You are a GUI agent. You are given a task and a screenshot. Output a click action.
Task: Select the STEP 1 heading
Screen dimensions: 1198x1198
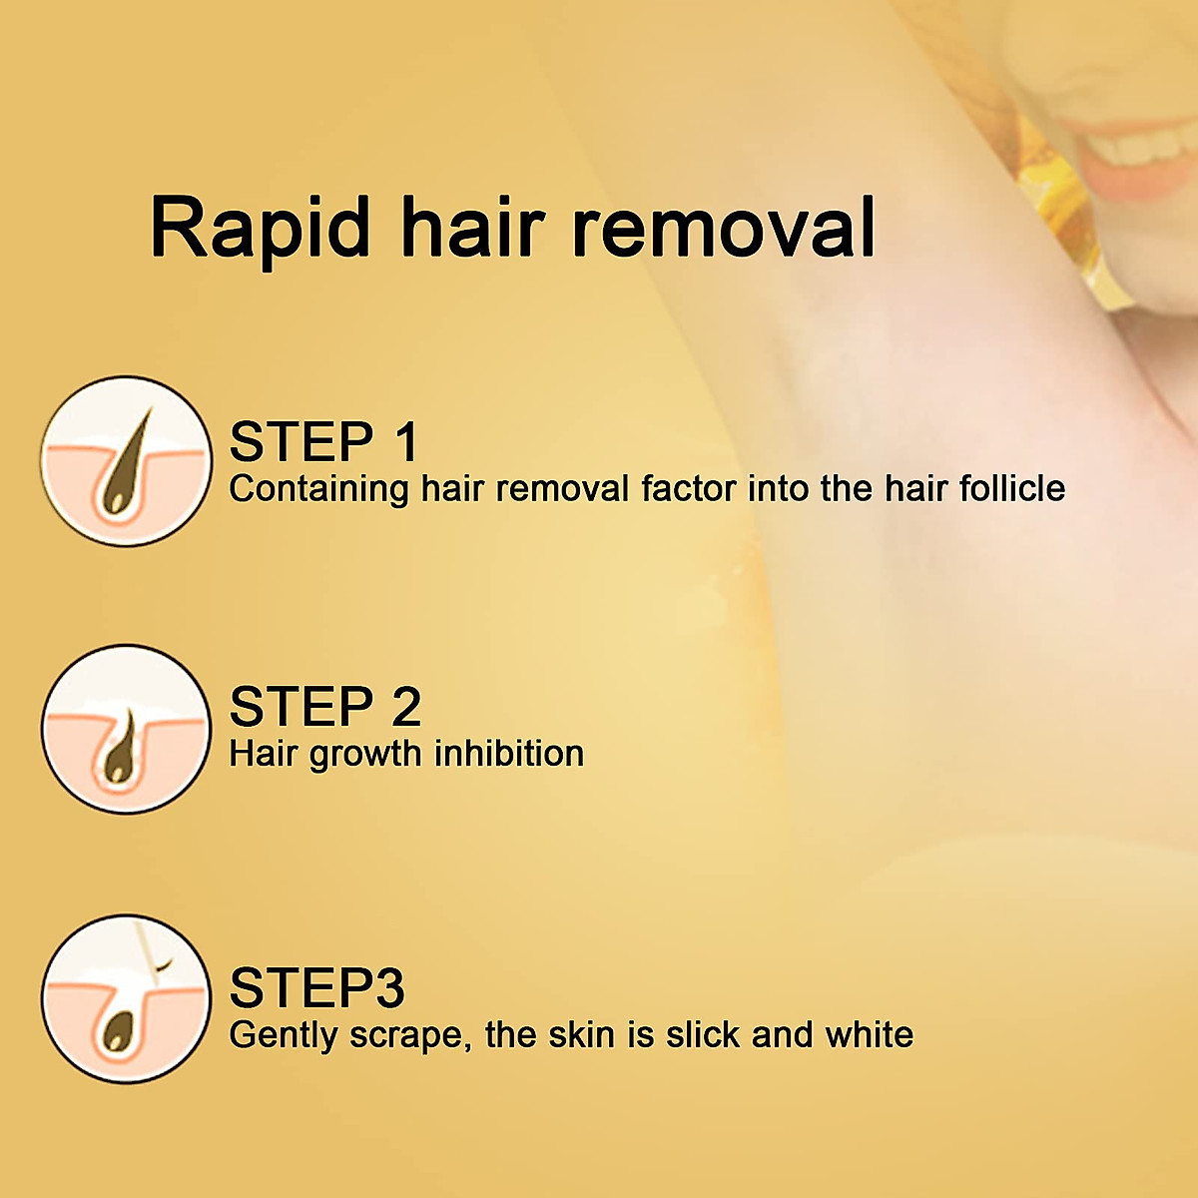pyautogui.click(x=323, y=442)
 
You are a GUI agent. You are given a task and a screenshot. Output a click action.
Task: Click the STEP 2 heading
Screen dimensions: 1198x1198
pyautogui.click(x=325, y=707)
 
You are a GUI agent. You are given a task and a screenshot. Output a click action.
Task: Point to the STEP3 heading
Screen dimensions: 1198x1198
pyautogui.click(x=316, y=987)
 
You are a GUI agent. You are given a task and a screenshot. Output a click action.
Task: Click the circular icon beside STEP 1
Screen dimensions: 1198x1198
pyautogui.click(x=127, y=461)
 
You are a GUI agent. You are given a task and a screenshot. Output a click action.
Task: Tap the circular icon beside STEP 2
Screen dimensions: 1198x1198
pyautogui.click(x=127, y=729)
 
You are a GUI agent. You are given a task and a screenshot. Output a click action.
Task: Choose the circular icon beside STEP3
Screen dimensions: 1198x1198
pyautogui.click(x=127, y=998)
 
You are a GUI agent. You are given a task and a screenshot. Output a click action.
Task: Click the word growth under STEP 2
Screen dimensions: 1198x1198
pyautogui.click(x=365, y=755)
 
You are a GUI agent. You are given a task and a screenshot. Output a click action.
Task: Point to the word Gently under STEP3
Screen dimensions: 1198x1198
pyautogui.click(x=284, y=1035)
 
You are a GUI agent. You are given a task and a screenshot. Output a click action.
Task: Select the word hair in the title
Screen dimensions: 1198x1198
pyautogui.click(x=472, y=228)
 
